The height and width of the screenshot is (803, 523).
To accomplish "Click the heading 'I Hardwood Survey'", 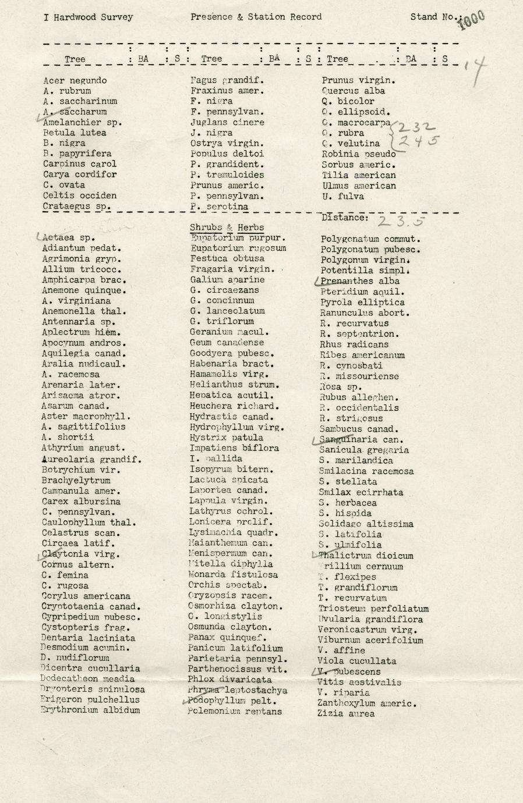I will [88, 17].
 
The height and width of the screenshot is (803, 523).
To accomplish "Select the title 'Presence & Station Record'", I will [256, 17].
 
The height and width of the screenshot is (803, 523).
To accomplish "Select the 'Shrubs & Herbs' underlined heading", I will [227, 228].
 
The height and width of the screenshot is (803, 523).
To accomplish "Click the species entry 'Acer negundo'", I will [75, 80].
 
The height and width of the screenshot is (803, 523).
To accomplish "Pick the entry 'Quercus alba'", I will [353, 91].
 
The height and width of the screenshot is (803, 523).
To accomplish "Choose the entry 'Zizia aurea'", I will [345, 714].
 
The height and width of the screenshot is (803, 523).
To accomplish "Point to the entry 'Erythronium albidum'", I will [90, 710].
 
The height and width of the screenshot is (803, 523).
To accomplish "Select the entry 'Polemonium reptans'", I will [234, 712].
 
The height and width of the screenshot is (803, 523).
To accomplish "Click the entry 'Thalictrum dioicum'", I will [366, 556].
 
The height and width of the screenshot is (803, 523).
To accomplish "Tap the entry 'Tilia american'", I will [358, 175].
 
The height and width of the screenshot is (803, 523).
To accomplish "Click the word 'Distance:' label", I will [345, 218].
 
